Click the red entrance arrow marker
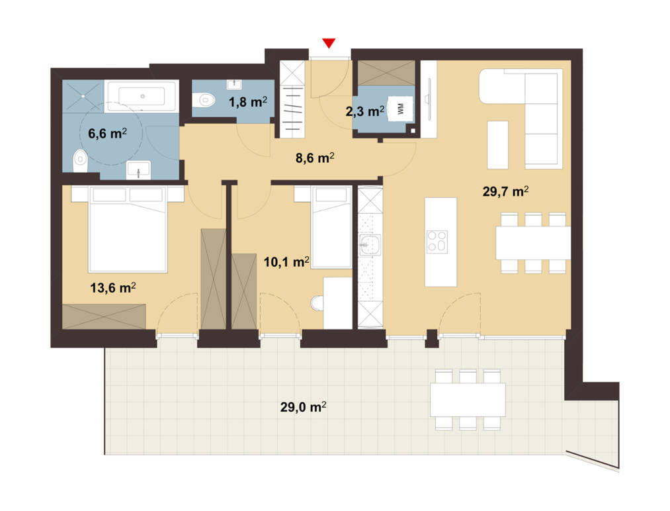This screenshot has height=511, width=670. click(x=329, y=43)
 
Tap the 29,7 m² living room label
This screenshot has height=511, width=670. click(x=505, y=191)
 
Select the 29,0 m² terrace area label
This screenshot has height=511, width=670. click(x=304, y=406)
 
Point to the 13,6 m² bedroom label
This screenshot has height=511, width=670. click(x=113, y=287)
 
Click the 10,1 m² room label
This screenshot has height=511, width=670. click(x=286, y=261)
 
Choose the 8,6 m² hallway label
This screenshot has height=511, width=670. click(x=315, y=158)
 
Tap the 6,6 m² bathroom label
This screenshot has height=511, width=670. click(x=107, y=134)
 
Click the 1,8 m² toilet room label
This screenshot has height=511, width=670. click(x=248, y=102)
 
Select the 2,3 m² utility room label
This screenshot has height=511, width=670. click(x=365, y=111)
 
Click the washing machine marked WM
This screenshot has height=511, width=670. click(x=401, y=109)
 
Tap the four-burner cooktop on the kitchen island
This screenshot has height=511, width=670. click(x=437, y=242)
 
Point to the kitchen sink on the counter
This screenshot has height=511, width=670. click(x=370, y=245)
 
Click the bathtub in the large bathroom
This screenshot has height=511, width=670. click(x=142, y=96)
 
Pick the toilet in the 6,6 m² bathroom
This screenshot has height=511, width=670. click(x=80, y=160)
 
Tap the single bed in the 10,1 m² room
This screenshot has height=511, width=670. click(x=331, y=228)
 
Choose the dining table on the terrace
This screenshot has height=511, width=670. click(x=468, y=400)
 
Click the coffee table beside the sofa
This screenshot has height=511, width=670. click(x=498, y=144)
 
